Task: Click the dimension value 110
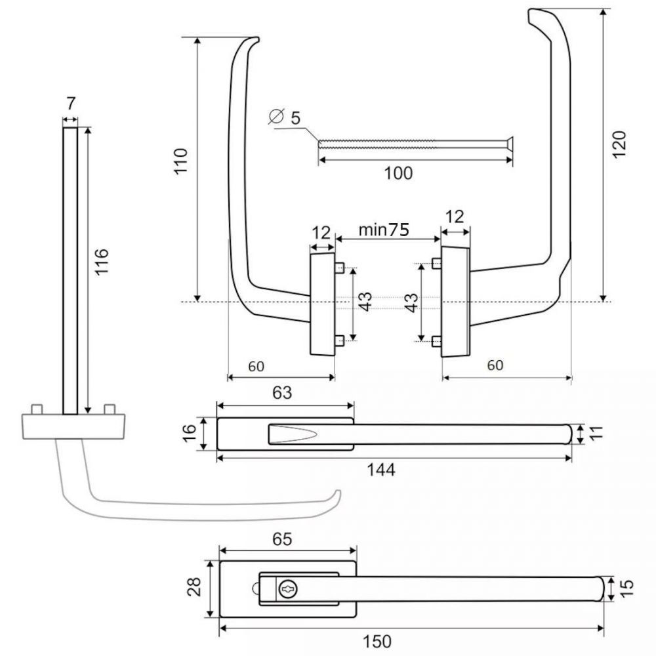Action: pos(181,161)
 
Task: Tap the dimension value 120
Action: pos(619,144)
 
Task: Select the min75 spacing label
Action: pos(384,230)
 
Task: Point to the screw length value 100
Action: pos(398,173)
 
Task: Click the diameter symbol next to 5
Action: pos(276,116)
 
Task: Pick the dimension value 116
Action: pos(102,262)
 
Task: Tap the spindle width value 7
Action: pos(70,104)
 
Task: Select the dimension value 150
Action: pos(377,642)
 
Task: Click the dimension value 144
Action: pos(380,470)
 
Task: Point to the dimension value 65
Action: pos(282,539)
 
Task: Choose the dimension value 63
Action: pos(282,392)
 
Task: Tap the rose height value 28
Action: pos(195,586)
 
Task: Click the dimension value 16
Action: pos(189,433)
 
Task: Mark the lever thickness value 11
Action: pos(597,432)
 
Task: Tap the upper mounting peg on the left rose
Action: pos(339,268)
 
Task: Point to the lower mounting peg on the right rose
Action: pos(436,341)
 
